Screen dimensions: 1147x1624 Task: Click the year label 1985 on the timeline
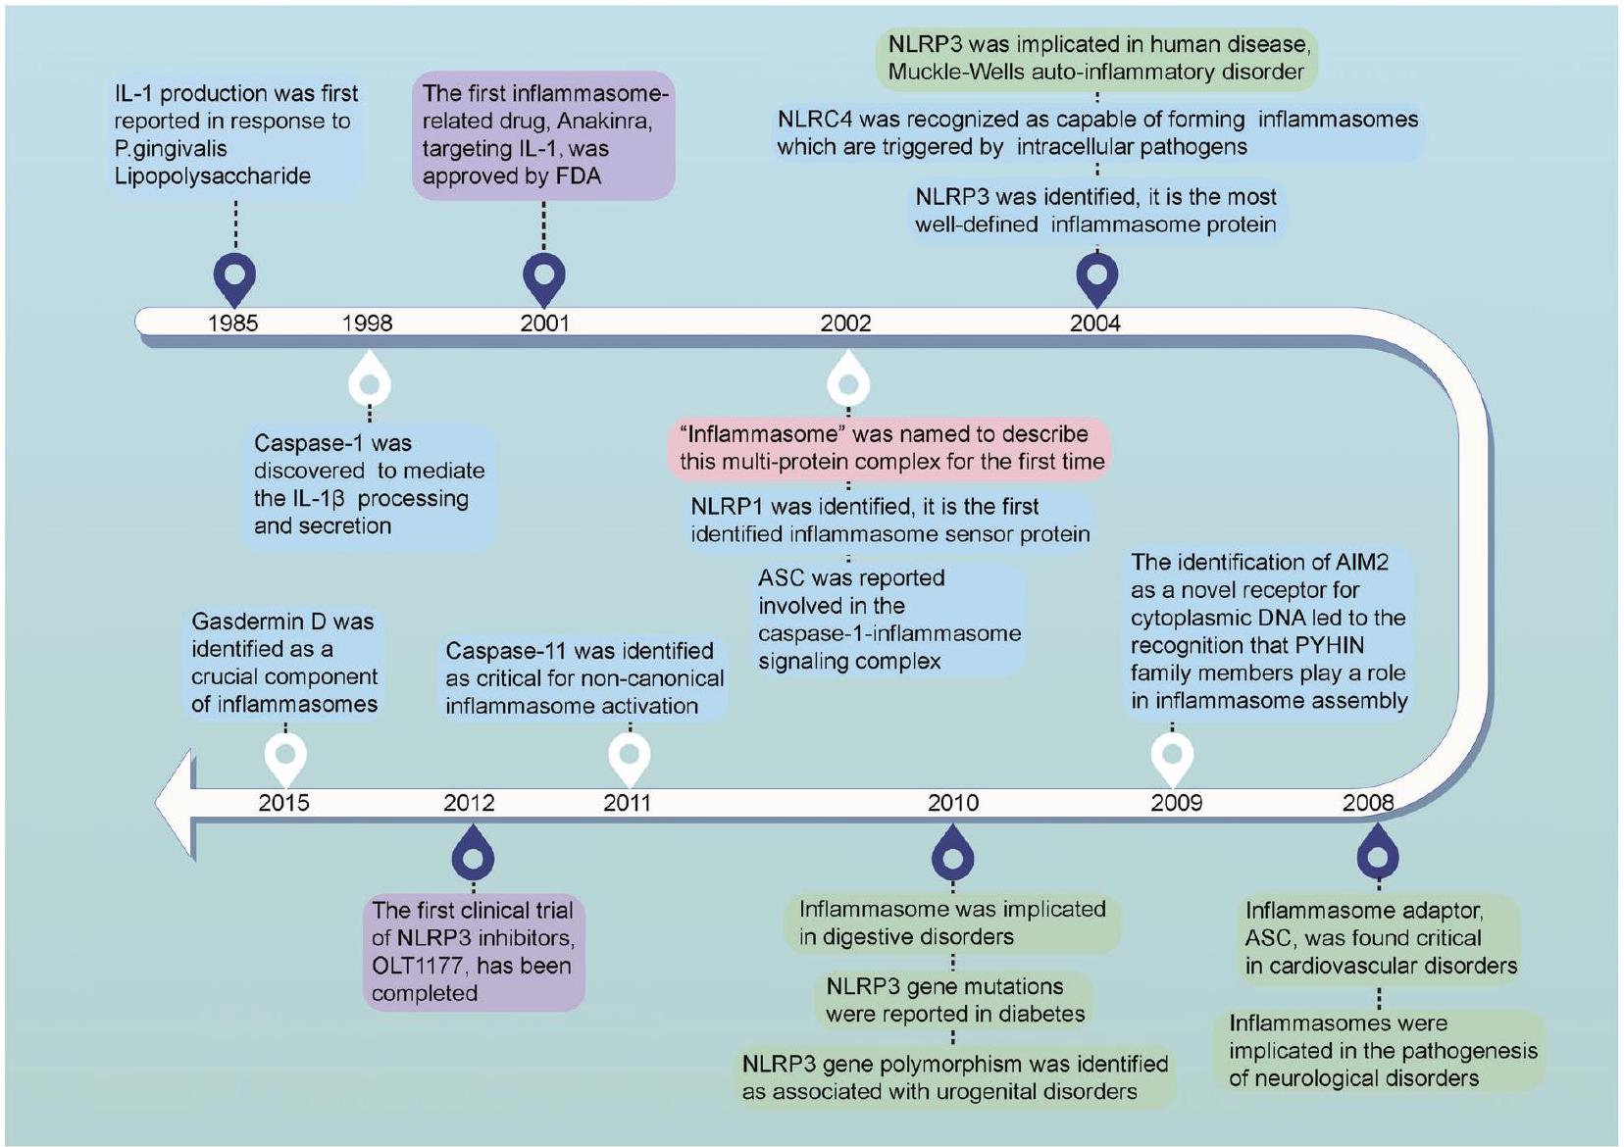tap(232, 324)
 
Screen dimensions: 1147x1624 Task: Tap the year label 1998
tap(367, 324)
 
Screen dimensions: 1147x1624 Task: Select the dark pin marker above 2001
tap(544, 276)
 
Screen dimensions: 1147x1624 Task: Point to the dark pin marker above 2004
tap(1096, 276)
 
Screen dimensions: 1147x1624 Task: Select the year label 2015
tap(283, 803)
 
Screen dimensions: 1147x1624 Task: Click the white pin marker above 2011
tap(630, 755)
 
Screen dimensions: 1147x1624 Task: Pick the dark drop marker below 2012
tap(473, 855)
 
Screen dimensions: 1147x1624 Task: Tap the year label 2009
tap(1176, 803)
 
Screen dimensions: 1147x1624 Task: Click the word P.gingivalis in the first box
tap(171, 149)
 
